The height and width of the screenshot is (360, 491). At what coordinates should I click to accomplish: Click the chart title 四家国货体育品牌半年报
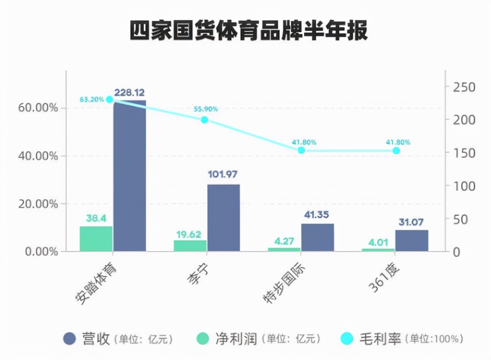(x=248, y=31)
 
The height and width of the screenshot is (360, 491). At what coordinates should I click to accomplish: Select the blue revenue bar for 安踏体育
(x=130, y=175)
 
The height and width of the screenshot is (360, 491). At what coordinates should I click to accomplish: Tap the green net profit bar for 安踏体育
(x=96, y=239)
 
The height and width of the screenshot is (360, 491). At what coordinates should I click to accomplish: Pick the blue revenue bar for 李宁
(x=224, y=217)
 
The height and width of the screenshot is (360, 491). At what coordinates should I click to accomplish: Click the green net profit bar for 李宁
(x=190, y=245)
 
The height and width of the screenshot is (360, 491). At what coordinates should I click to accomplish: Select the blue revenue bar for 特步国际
(x=318, y=237)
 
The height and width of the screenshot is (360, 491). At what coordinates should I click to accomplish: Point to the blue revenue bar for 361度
(x=412, y=240)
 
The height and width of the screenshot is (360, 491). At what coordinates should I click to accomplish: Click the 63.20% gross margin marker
(x=110, y=99)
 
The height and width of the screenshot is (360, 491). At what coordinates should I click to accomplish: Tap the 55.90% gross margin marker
(x=204, y=120)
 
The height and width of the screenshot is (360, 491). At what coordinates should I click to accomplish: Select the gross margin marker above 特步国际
(x=301, y=150)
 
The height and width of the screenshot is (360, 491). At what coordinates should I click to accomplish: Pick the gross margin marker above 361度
(x=396, y=150)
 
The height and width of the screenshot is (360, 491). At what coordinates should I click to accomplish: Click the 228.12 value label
(x=130, y=92)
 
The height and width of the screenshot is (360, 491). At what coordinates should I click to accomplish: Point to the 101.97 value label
(x=224, y=174)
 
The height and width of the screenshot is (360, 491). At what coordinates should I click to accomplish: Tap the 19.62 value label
(x=190, y=235)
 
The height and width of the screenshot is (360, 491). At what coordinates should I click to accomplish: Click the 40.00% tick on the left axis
(x=38, y=156)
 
